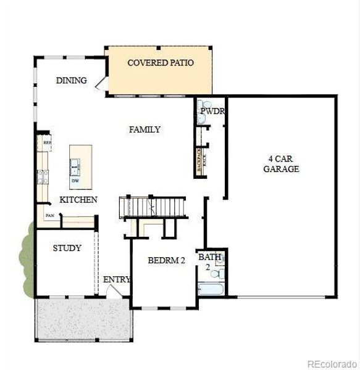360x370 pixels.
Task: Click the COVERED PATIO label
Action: (160, 63)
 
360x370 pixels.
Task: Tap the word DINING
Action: (71, 81)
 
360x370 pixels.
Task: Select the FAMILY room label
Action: (144, 129)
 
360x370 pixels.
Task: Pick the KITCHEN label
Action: (78, 200)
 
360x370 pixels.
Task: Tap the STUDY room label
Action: (67, 249)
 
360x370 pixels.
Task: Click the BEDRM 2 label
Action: (166, 261)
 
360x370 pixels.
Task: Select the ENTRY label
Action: (116, 279)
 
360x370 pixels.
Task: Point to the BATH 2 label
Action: (206, 261)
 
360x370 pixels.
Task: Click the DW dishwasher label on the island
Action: (75, 181)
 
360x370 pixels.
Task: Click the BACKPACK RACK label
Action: (199, 162)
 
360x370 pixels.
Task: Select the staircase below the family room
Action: (153, 206)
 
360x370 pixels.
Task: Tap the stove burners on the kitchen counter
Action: (43, 177)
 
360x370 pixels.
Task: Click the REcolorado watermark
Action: (332, 363)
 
